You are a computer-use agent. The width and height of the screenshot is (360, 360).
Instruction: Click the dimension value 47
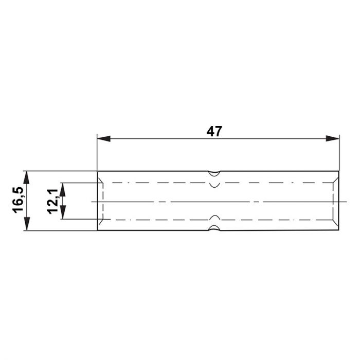coord(214,132)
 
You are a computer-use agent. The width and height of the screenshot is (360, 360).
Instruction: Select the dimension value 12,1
coord(53,202)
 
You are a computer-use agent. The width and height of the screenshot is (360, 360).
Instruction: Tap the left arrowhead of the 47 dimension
coord(104,138)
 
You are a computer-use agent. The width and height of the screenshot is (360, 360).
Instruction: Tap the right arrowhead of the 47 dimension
coord(332,138)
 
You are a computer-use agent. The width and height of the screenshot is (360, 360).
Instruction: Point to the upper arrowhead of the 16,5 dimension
coord(27,178)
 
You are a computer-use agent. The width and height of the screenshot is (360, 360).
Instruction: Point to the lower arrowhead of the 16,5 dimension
coord(27,224)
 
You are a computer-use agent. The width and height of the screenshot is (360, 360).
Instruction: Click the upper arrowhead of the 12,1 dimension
coord(63,190)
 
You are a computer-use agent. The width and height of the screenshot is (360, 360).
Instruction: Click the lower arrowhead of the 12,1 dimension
coord(63,212)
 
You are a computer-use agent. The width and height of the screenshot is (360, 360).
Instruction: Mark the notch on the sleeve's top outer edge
coord(214,174)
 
